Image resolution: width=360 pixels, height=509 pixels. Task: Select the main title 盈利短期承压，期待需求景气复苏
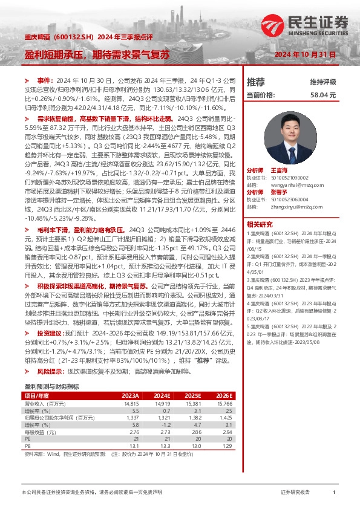pyautogui.click(x=97, y=54)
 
